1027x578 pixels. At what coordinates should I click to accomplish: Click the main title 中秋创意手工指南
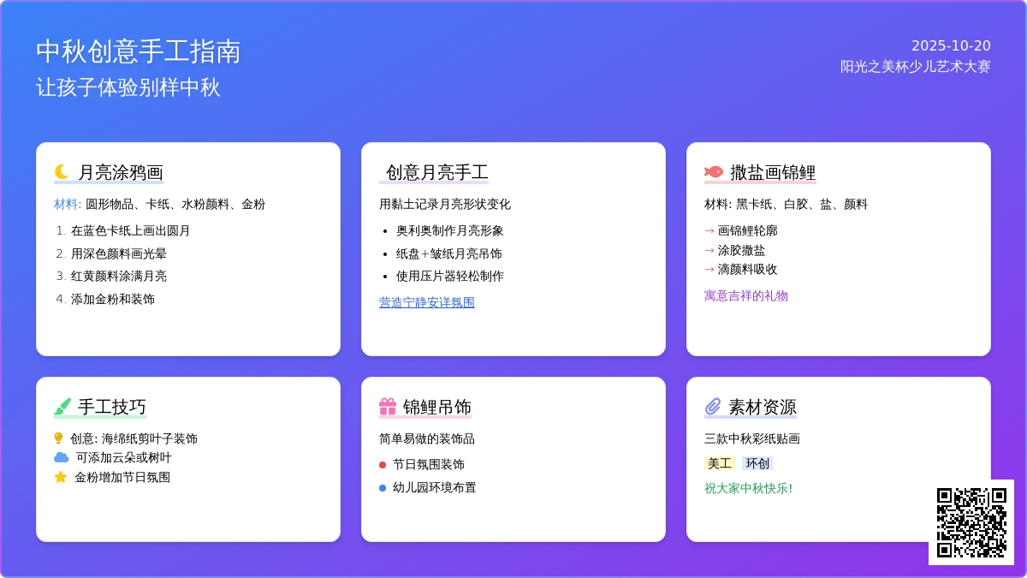click(138, 51)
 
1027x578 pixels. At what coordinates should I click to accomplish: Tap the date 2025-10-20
click(951, 46)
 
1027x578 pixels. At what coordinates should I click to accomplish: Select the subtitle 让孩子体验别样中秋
click(128, 87)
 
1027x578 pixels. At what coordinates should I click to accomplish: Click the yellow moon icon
click(62, 172)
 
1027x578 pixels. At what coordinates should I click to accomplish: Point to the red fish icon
click(714, 172)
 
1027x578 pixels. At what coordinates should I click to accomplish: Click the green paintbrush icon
click(62, 407)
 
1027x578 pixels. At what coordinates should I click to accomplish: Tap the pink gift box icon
click(388, 407)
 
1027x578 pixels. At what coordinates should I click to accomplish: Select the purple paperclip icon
click(712, 407)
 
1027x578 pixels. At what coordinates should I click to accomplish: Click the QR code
click(971, 522)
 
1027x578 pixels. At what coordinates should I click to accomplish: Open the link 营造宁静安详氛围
click(427, 302)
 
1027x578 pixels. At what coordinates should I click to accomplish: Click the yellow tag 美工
click(720, 463)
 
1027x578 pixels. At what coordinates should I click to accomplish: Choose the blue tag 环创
click(757, 463)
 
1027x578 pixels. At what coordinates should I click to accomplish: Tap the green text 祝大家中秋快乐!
click(748, 489)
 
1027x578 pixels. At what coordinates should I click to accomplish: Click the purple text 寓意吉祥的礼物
click(746, 296)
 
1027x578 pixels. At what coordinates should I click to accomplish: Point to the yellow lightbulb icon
click(58, 438)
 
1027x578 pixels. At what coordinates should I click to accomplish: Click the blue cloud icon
click(62, 457)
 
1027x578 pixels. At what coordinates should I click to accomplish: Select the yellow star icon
click(61, 477)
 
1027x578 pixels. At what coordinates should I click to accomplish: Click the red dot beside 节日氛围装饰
click(383, 465)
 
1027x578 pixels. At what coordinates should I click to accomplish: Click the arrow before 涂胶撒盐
click(709, 250)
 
